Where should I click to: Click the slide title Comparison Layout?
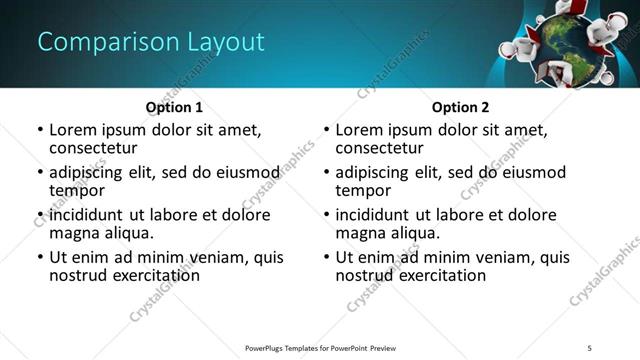coord(151,42)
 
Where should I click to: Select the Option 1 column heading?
coord(174,107)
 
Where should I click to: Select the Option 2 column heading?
coord(460,107)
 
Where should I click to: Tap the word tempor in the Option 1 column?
coord(77,190)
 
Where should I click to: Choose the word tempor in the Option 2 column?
coord(363,190)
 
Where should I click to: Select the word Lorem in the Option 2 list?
coord(359,130)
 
